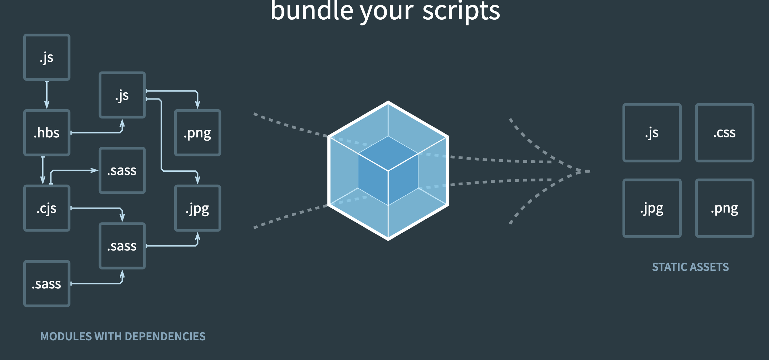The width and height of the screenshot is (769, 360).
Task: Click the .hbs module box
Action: [x=47, y=133]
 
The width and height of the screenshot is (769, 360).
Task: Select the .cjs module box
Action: [x=47, y=208]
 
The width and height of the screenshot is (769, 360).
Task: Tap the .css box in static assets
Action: [x=725, y=133]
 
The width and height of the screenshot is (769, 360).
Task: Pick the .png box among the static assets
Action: [x=725, y=208]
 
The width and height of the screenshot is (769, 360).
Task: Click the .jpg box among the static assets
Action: [x=652, y=208]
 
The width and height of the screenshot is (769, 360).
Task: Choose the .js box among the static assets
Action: [x=652, y=133]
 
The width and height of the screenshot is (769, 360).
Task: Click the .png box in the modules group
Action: [x=197, y=133]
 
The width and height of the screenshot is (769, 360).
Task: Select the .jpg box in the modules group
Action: [x=197, y=208]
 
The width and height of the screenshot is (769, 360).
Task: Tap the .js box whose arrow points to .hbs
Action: [x=47, y=57]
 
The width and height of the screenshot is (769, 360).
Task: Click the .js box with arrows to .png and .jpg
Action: [x=122, y=95]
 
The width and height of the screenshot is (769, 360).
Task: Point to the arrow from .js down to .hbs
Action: [x=47, y=95]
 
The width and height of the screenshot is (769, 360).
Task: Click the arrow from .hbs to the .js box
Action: [x=97, y=133]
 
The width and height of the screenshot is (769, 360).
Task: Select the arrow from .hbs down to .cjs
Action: [x=43, y=170]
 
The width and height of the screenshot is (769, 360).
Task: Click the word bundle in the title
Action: [x=312, y=11]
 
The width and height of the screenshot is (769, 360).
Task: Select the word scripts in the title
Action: [x=461, y=11]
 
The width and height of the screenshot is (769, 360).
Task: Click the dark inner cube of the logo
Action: [x=388, y=170]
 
